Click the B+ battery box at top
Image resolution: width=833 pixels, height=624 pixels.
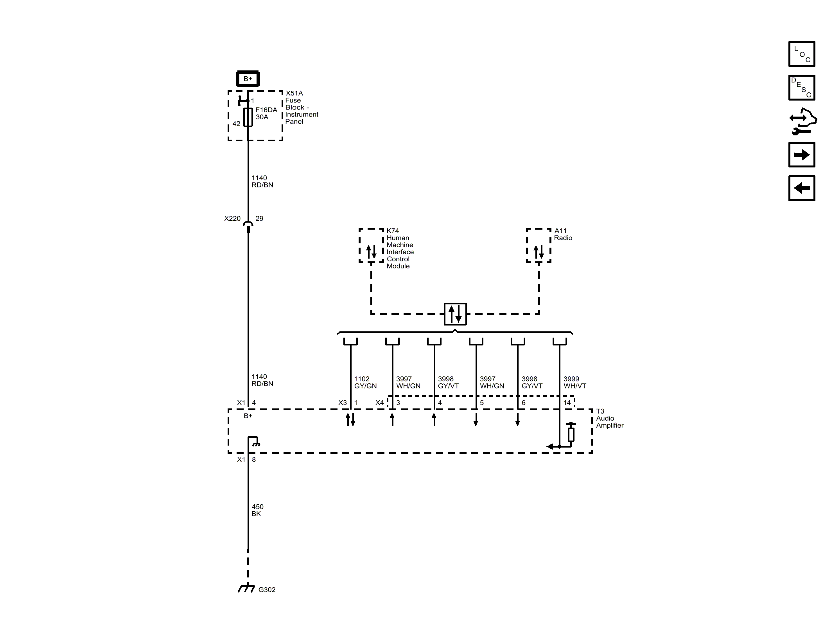tap(248, 79)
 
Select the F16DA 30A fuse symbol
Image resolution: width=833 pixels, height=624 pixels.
tap(248, 117)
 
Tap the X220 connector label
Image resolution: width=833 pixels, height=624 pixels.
tap(232, 219)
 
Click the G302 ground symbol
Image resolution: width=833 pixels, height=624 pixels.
tap(246, 589)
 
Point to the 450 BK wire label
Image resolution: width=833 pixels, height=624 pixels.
tap(257, 510)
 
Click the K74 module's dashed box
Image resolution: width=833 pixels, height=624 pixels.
tap(371, 246)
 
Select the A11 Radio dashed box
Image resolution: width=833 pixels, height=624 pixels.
tap(539, 246)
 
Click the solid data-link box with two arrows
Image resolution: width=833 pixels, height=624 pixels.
tap(455, 314)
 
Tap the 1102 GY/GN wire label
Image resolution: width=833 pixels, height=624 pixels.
tap(365, 382)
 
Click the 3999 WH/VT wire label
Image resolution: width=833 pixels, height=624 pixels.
tap(574, 382)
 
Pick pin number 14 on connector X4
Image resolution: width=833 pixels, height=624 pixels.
tap(567, 403)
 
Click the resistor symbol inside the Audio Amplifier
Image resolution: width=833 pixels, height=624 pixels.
tap(571, 434)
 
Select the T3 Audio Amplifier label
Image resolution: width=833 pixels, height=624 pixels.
tap(609, 418)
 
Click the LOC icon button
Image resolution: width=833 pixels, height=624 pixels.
tap(802, 54)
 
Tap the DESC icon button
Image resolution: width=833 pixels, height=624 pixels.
tap(802, 88)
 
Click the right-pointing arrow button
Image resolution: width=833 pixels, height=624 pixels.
tap(802, 155)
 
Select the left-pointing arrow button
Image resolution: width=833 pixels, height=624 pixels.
tap(802, 188)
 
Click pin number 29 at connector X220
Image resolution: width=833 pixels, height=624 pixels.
tap(259, 219)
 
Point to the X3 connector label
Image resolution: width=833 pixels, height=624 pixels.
tap(342, 403)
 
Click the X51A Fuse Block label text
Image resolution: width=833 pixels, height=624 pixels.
tap(301, 107)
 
